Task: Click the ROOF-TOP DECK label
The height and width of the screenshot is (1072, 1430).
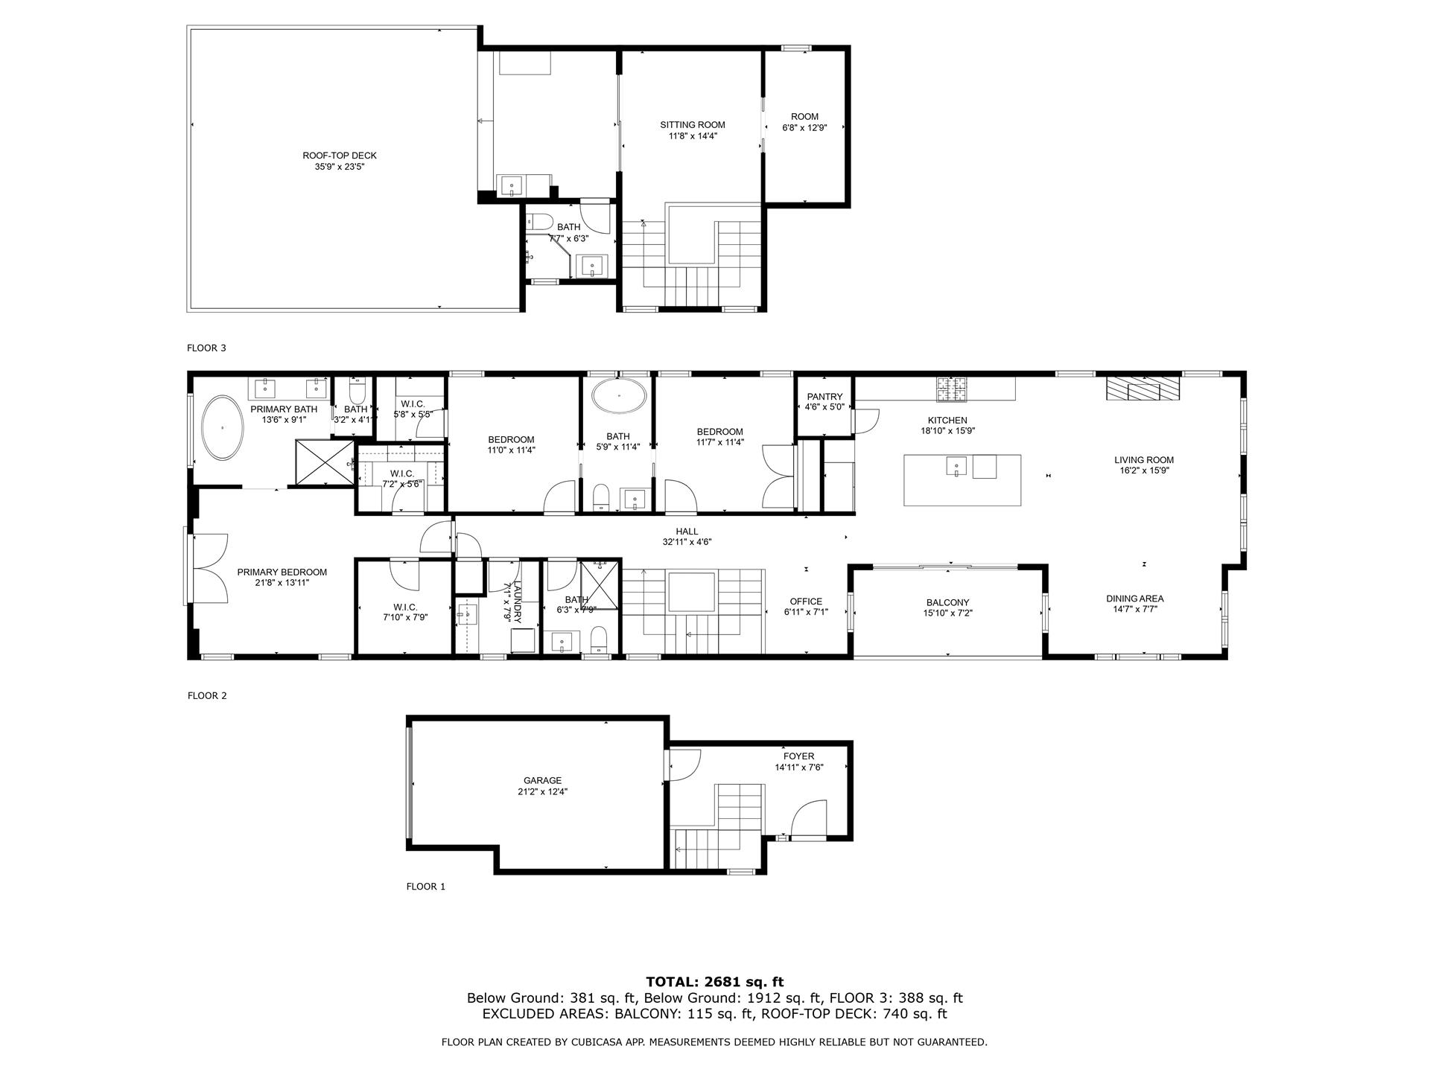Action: pyautogui.click(x=339, y=156)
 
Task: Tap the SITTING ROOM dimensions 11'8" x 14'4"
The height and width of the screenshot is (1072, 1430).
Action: pyautogui.click(x=692, y=136)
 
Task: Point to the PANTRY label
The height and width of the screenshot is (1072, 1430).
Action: pyautogui.click(x=824, y=397)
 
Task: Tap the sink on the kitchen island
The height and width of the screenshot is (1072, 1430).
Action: pyautogui.click(x=956, y=467)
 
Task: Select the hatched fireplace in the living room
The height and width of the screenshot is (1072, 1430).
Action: pyautogui.click(x=1143, y=389)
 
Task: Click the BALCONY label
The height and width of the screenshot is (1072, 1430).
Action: pyautogui.click(x=947, y=602)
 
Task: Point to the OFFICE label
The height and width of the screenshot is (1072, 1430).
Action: pyautogui.click(x=806, y=602)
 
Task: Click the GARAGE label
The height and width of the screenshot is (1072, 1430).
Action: pyautogui.click(x=542, y=780)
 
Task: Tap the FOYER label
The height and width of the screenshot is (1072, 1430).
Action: pyautogui.click(x=798, y=756)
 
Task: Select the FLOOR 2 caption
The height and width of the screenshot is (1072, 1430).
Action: pyautogui.click(x=206, y=696)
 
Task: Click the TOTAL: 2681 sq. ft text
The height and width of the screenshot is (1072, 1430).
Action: pyautogui.click(x=714, y=982)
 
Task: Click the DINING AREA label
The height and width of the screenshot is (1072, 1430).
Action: pyautogui.click(x=1134, y=599)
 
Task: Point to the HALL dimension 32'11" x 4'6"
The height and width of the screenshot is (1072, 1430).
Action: pyautogui.click(x=687, y=542)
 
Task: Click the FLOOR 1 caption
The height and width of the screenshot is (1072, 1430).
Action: pyautogui.click(x=425, y=887)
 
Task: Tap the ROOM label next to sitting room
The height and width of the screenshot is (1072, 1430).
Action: pyautogui.click(x=804, y=116)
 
